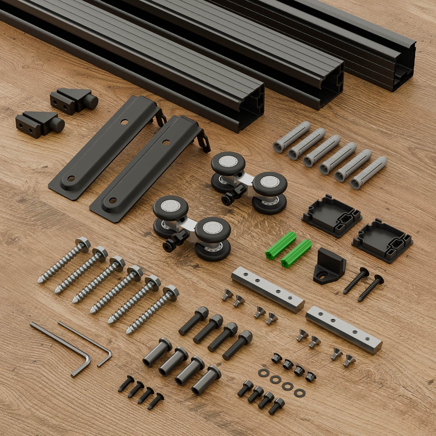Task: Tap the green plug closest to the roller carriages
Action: point(280,243)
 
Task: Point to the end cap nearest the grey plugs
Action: point(331,215)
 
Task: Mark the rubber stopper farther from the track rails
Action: point(40,124)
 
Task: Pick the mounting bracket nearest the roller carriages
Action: point(149,167)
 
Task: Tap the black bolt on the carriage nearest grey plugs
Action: point(233,194)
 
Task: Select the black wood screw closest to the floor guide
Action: point(356,280)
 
